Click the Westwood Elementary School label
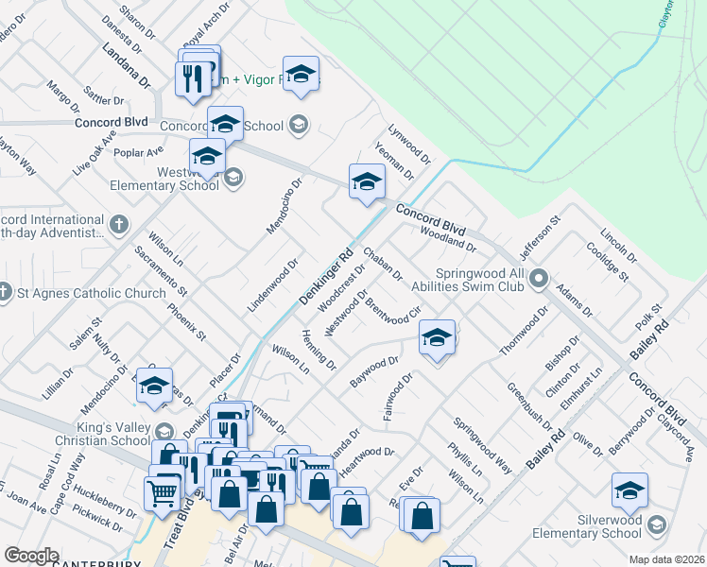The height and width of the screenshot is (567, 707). point(161,179)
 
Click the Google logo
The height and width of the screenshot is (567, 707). point(31,556)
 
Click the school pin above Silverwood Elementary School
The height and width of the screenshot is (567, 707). point(629,490)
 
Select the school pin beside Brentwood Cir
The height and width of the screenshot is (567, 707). point(436,337)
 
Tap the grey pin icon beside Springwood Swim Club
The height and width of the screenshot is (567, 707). point(539,278)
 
